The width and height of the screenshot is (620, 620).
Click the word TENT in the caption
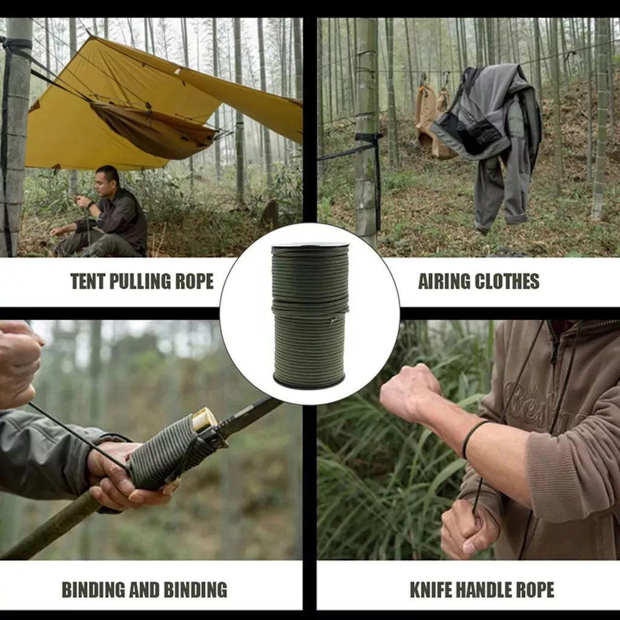pyautogui.click(x=88, y=281)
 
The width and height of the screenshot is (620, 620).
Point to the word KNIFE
pyautogui.click(x=430, y=590)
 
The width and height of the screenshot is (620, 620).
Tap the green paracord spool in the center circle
pyautogui.click(x=310, y=315)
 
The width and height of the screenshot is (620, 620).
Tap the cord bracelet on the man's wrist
pyautogui.click(x=473, y=437)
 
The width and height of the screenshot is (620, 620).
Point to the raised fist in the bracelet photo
pyautogui.click(x=409, y=392)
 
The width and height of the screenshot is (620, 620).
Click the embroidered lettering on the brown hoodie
pyautogui.click(x=542, y=405)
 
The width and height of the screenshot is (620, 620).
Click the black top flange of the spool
pyautogui.click(x=310, y=245)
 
